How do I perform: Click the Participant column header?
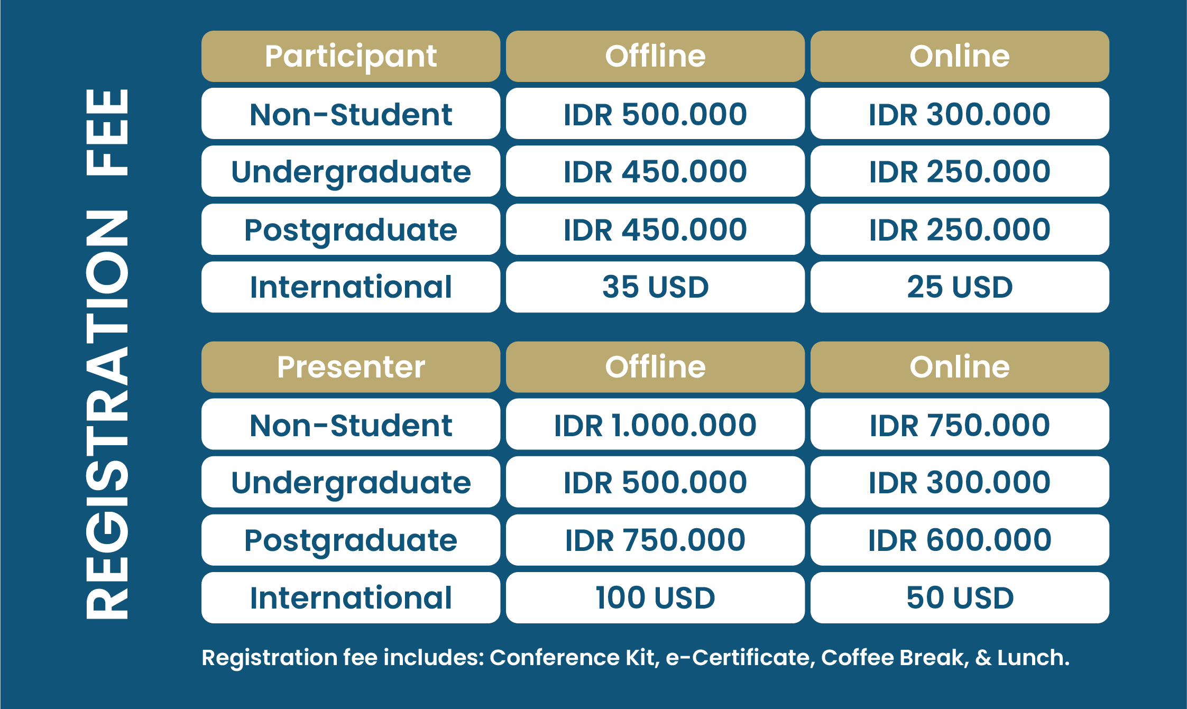351,56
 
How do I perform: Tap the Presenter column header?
351,367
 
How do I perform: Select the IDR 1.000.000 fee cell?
655,425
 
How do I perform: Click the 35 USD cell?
655,287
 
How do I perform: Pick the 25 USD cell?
960,287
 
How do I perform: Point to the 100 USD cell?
655,597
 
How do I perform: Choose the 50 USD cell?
960,597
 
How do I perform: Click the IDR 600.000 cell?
960,540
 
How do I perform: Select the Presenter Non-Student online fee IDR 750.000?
960,425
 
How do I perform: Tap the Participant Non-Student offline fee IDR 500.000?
655,114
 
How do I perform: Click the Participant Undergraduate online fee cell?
960,171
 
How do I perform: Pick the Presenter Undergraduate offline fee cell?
655,482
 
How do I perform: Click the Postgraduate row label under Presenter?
351,540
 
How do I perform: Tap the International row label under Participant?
351,287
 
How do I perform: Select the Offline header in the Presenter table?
655,367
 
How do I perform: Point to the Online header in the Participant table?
960,56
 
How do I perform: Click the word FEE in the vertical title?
106,132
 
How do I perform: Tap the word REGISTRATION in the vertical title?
106,415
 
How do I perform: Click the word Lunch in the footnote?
1033,657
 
